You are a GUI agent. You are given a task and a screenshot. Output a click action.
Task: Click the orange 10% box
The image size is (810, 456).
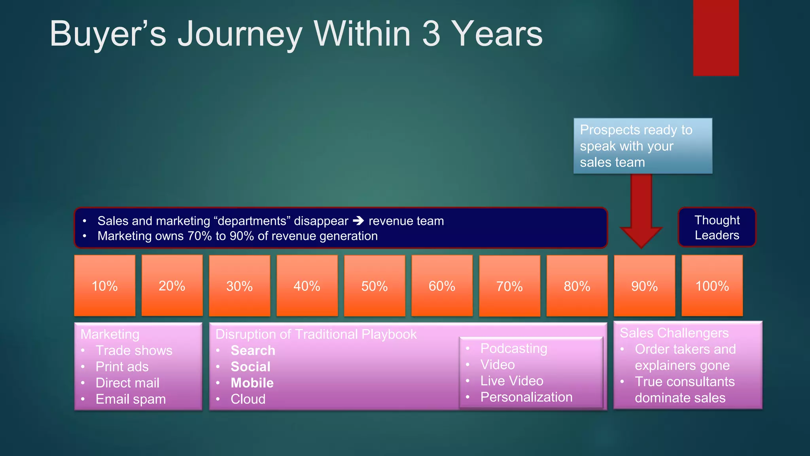tap(105, 285)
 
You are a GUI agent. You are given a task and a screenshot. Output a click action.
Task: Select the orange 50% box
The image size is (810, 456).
tap(375, 285)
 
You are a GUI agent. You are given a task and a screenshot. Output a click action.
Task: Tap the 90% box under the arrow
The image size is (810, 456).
tap(644, 285)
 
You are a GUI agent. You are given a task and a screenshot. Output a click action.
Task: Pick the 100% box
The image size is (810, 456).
tap(712, 285)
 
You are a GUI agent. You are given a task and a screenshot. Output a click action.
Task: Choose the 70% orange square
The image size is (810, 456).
tap(509, 285)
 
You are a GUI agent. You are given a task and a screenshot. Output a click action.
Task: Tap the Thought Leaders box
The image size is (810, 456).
tap(717, 227)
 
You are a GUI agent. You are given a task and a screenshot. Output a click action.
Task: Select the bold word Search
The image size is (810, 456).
tap(253, 350)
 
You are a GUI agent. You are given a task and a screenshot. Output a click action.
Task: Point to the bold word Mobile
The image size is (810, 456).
tap(252, 383)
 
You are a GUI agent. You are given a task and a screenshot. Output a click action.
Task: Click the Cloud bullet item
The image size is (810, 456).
tap(248, 399)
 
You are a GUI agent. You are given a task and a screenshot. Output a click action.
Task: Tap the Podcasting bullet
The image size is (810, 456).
tap(513, 348)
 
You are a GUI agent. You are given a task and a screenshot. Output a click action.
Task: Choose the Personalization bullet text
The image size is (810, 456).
tap(526, 397)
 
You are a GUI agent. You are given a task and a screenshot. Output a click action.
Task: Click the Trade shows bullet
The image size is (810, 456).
tap(134, 350)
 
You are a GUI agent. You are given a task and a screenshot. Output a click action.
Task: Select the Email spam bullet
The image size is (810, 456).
tap(131, 399)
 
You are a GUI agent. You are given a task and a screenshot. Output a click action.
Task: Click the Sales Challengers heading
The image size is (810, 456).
tap(674, 333)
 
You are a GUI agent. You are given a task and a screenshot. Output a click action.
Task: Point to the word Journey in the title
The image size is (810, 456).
tap(240, 35)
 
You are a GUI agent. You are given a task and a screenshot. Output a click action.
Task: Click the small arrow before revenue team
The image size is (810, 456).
tap(358, 220)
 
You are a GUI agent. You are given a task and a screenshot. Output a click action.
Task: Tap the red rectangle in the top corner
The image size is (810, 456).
tap(716, 38)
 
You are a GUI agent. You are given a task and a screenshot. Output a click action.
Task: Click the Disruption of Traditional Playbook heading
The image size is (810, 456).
tap(316, 334)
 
